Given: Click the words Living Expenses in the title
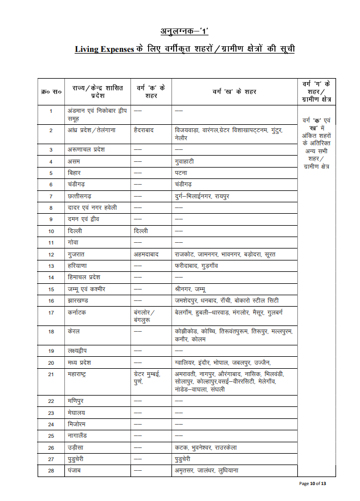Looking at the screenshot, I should pyautogui.click(x=105, y=50).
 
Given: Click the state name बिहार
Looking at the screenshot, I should pyautogui.click(x=75, y=173).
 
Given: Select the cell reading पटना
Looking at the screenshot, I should pyautogui.click(x=182, y=173).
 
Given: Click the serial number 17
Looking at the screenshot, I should pyautogui.click(x=51, y=312).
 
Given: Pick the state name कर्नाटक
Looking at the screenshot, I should pyautogui.click(x=78, y=312).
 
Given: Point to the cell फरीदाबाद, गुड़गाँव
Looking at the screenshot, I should pyautogui.click(x=197, y=266).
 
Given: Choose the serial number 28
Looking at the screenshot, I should pyautogui.click(x=51, y=471).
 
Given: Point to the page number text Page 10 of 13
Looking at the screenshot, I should pyautogui.click(x=313, y=484).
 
